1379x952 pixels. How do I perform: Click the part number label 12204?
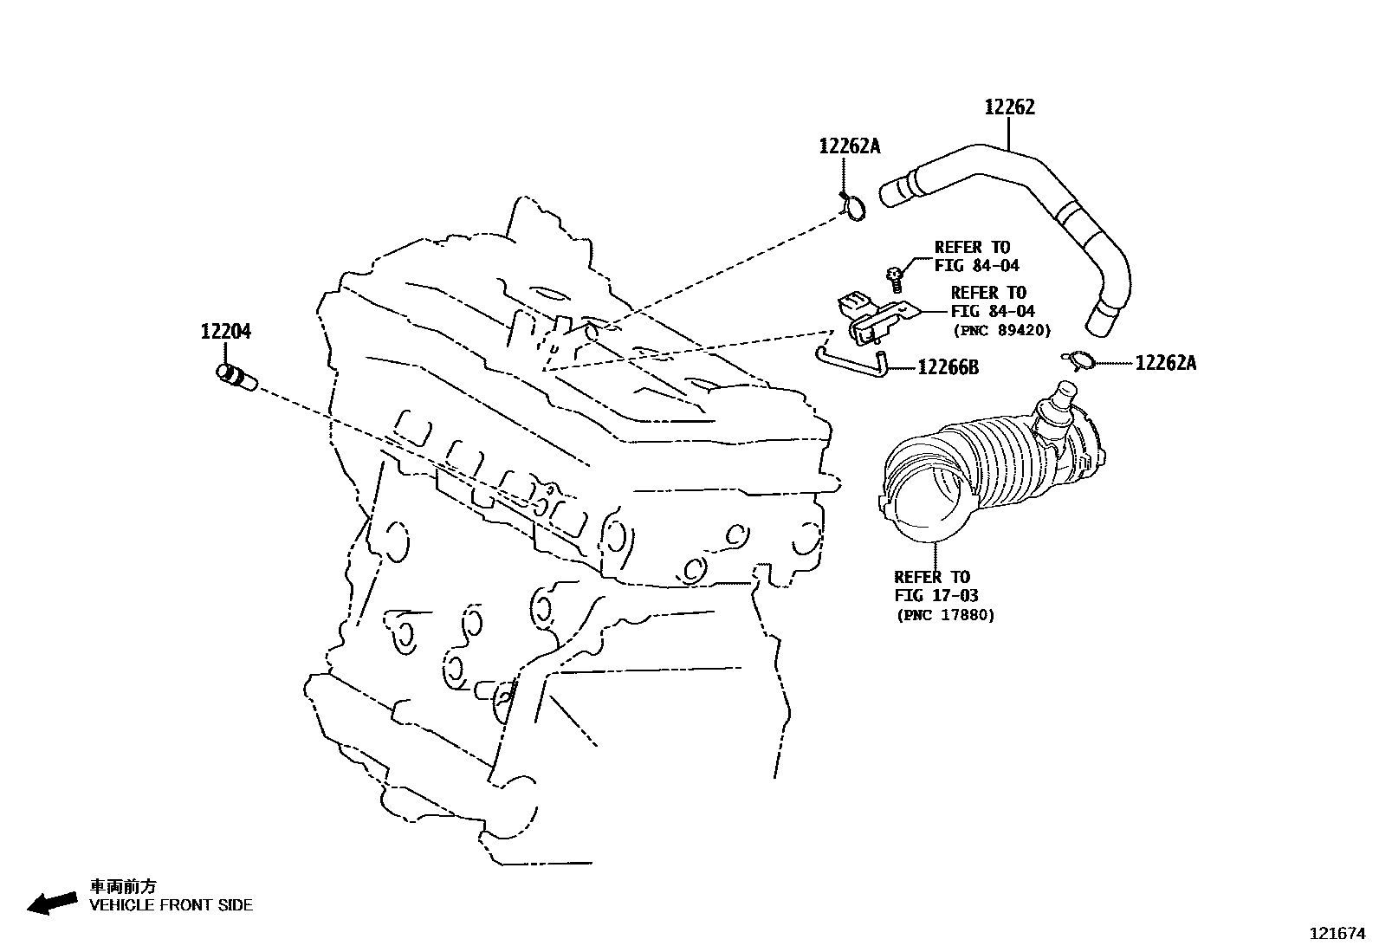click(x=226, y=331)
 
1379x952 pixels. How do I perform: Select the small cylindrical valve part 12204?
click(x=236, y=378)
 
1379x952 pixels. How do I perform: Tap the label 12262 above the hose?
click(x=1010, y=107)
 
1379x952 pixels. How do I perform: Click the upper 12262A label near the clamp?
click(x=850, y=146)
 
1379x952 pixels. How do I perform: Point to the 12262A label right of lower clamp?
click(x=1166, y=363)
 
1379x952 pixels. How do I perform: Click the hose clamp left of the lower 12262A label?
click(x=1079, y=360)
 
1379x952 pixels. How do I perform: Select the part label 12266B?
click(x=948, y=367)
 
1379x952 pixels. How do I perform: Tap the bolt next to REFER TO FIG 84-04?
click(x=895, y=279)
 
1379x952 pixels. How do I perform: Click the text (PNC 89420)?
click(x=1002, y=331)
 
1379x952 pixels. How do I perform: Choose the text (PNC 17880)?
click(x=946, y=615)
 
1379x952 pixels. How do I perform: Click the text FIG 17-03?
click(x=936, y=595)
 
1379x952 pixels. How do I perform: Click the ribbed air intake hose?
click(x=991, y=468)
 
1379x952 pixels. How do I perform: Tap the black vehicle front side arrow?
click(x=52, y=903)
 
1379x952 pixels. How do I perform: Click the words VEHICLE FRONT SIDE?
click(x=172, y=905)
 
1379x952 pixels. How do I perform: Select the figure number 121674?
click(x=1337, y=934)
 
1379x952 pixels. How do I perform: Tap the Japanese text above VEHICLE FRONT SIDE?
click(x=123, y=886)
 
